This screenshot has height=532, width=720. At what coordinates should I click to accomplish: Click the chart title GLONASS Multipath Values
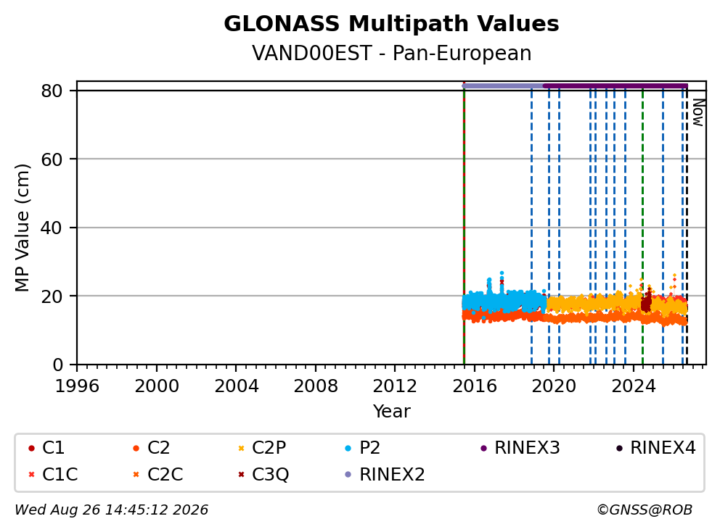coord(391,24)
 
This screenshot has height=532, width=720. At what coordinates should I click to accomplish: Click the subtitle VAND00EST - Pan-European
coord(391,53)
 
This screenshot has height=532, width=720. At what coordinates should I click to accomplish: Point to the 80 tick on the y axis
coord(52,91)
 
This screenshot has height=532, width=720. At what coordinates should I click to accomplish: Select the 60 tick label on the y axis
coord(52,159)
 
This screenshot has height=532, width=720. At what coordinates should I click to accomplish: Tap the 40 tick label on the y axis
coord(52,228)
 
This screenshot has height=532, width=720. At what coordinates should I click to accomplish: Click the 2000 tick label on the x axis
coord(157,386)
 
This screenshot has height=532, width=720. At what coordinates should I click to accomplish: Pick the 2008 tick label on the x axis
coord(316,386)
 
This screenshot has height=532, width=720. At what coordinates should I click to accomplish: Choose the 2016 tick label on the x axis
coord(475,386)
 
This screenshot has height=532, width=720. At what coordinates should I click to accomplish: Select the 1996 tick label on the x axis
coord(77,386)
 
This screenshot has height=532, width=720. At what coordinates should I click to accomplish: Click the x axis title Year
coord(391,412)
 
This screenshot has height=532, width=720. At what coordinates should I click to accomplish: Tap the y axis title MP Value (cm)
coord(22,228)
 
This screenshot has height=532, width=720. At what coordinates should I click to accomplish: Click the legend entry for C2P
coord(262,448)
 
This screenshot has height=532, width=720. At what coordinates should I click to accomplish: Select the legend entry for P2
coord(362,448)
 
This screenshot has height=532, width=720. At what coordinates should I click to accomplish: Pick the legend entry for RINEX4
coord(655,448)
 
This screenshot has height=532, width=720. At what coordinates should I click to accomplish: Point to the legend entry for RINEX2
coord(385,474)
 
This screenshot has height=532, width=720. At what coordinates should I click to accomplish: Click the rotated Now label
coord(698,113)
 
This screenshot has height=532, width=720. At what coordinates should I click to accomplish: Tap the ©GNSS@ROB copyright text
coord(645,510)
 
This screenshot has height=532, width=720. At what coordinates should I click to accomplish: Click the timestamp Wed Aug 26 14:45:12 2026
coord(112,510)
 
